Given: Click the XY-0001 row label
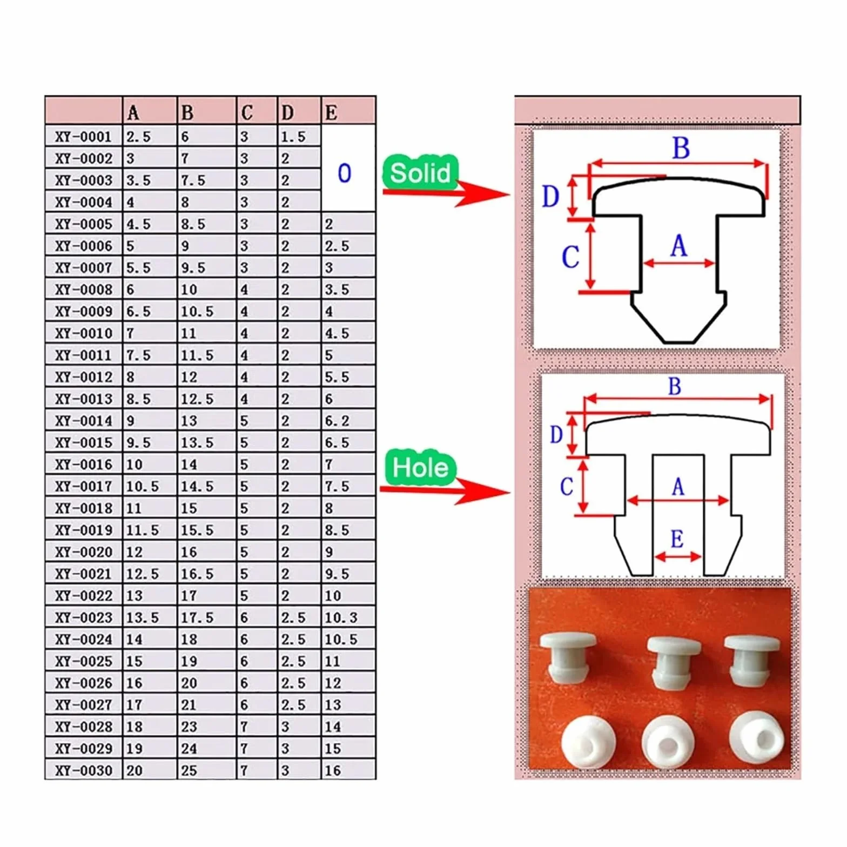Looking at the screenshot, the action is (83, 137).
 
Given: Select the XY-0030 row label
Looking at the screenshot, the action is (83, 770).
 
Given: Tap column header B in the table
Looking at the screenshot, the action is (187, 113).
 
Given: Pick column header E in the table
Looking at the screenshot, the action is (331, 113).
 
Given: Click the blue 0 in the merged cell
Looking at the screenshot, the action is (344, 173).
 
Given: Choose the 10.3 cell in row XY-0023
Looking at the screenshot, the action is (341, 617).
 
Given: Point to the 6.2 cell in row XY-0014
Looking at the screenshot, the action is (337, 420).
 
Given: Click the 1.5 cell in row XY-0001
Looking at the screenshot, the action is (293, 137).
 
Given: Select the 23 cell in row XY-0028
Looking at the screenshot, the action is (189, 727).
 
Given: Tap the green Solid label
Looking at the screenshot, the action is (420, 173).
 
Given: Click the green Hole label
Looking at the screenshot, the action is (420, 467).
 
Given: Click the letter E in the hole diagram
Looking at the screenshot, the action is (677, 539).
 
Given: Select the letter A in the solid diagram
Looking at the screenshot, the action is (678, 246).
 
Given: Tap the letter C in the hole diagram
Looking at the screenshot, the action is (566, 487).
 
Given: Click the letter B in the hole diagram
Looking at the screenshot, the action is (675, 386).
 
